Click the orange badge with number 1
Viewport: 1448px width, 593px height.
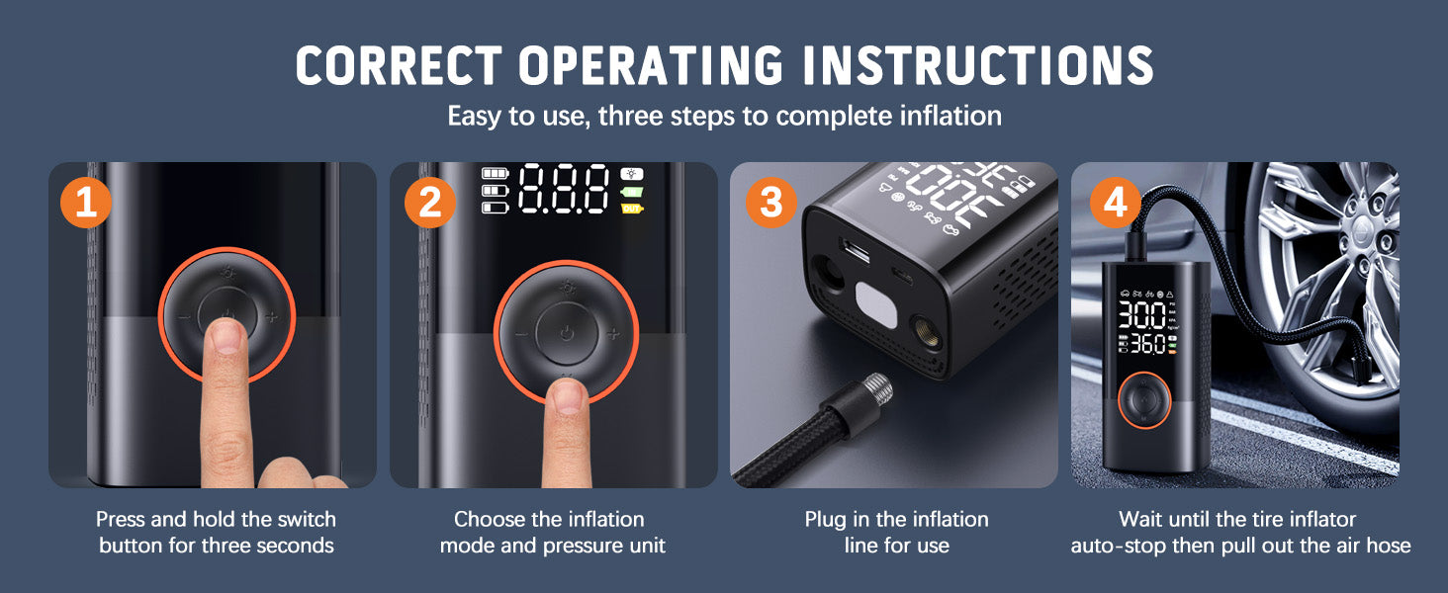pyautogui.click(x=87, y=203)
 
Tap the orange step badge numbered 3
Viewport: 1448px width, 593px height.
pyautogui.click(x=770, y=203)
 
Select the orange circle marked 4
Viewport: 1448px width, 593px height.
pyautogui.click(x=1115, y=203)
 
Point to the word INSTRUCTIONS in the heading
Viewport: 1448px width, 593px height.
pyautogui.click(x=977, y=66)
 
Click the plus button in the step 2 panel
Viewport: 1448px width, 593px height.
pyautogui.click(x=613, y=334)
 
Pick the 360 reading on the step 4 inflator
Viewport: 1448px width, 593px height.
pyautogui.click(x=1148, y=345)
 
